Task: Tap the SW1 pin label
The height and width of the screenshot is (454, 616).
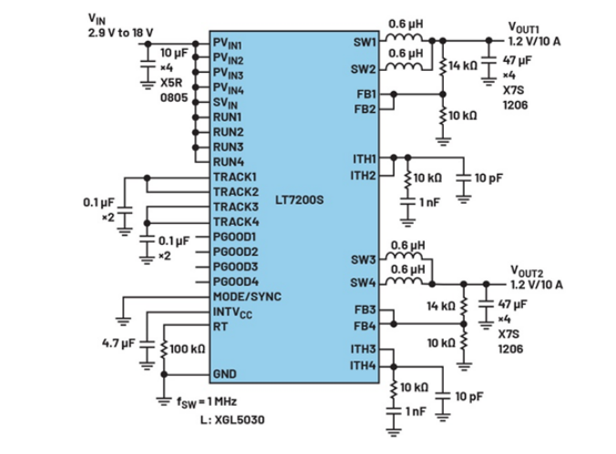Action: pos(363,41)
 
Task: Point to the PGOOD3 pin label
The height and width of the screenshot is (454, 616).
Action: pos(236,267)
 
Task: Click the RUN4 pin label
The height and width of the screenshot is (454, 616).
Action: pos(228,162)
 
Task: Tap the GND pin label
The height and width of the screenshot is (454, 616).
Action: pos(225,374)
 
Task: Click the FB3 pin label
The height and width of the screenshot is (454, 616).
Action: pos(364,310)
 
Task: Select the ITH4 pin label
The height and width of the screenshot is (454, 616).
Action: pos(364,366)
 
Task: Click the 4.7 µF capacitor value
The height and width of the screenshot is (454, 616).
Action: pos(119,344)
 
